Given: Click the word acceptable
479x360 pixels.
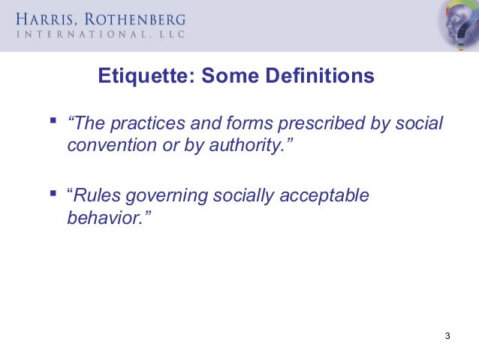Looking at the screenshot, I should click(324, 196).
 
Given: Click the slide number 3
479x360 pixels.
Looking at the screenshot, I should click(447, 335).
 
